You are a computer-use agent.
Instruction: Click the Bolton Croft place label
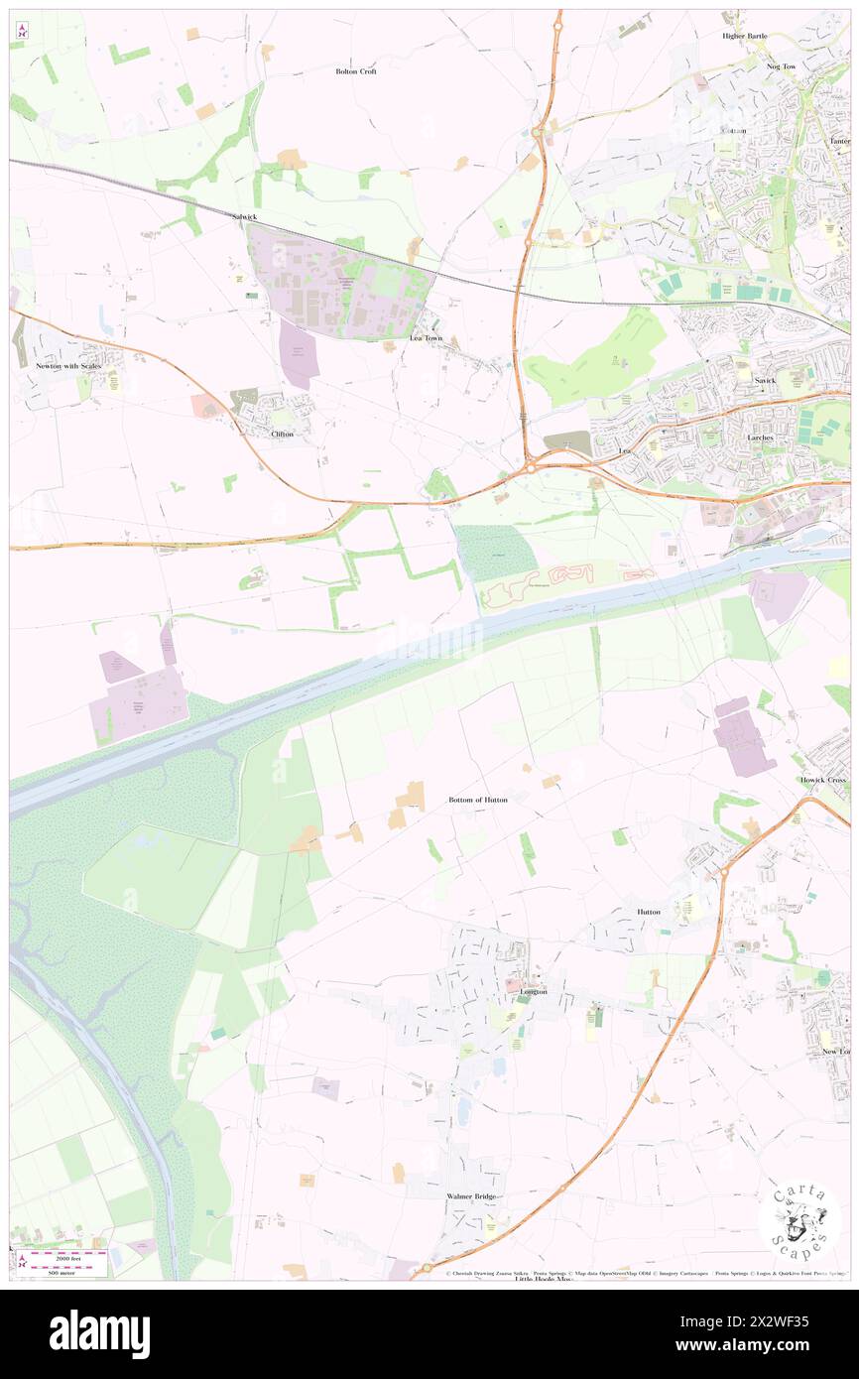pyautogui.click(x=356, y=71)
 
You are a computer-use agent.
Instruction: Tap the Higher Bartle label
pyautogui.click(x=745, y=36)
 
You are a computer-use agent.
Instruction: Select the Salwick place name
pyautogui.click(x=244, y=216)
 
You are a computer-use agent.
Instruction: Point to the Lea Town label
pyautogui.click(x=427, y=338)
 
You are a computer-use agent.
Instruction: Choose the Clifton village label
pyautogui.click(x=282, y=434)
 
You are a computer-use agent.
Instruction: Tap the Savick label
pyautogui.click(x=765, y=380)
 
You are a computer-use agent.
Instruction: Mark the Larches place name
pyautogui.click(x=761, y=438)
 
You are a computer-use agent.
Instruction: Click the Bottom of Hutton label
pyautogui.click(x=478, y=799)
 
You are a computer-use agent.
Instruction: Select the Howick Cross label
pyautogui.click(x=824, y=780)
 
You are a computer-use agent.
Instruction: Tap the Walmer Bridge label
pyautogui.click(x=471, y=1197)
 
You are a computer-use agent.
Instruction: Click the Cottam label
pyautogui.click(x=734, y=131)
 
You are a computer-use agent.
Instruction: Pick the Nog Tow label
pyautogui.click(x=782, y=66)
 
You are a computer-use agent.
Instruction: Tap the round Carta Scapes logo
pyautogui.click(x=800, y=1220)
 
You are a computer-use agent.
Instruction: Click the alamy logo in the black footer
pyautogui.click(x=99, y=1333)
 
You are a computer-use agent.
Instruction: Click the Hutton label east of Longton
pyautogui.click(x=649, y=911)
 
